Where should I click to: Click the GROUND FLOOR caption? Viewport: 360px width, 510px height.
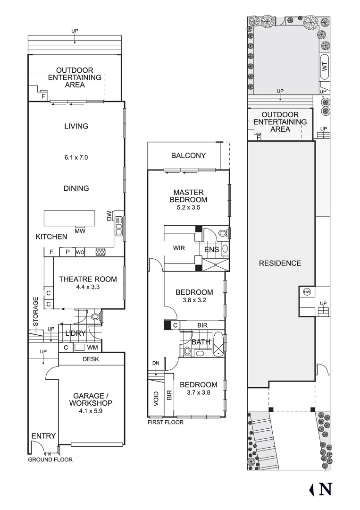[x=50, y=459]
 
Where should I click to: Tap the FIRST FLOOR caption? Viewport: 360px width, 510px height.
[x=165, y=423]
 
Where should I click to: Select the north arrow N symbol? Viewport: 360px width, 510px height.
[x=321, y=489]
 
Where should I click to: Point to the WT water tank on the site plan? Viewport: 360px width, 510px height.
[x=324, y=67]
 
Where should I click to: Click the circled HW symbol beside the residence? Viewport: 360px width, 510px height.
[x=307, y=292]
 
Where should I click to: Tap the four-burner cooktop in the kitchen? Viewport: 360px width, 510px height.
[x=100, y=252]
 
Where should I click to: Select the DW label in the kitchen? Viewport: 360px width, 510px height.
[x=109, y=217]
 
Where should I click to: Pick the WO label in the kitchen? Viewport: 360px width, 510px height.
[x=80, y=252]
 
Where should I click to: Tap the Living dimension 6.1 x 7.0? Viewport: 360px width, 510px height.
[x=76, y=157]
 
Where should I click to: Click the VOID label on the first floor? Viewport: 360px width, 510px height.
[x=156, y=399]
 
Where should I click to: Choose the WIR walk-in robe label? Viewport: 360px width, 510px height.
[x=179, y=248]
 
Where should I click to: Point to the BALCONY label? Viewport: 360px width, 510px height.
[x=188, y=155]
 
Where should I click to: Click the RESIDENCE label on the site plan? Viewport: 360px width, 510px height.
[x=280, y=263]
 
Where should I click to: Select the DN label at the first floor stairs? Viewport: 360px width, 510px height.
[x=156, y=363]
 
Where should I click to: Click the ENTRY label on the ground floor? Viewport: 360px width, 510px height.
[x=43, y=436]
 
